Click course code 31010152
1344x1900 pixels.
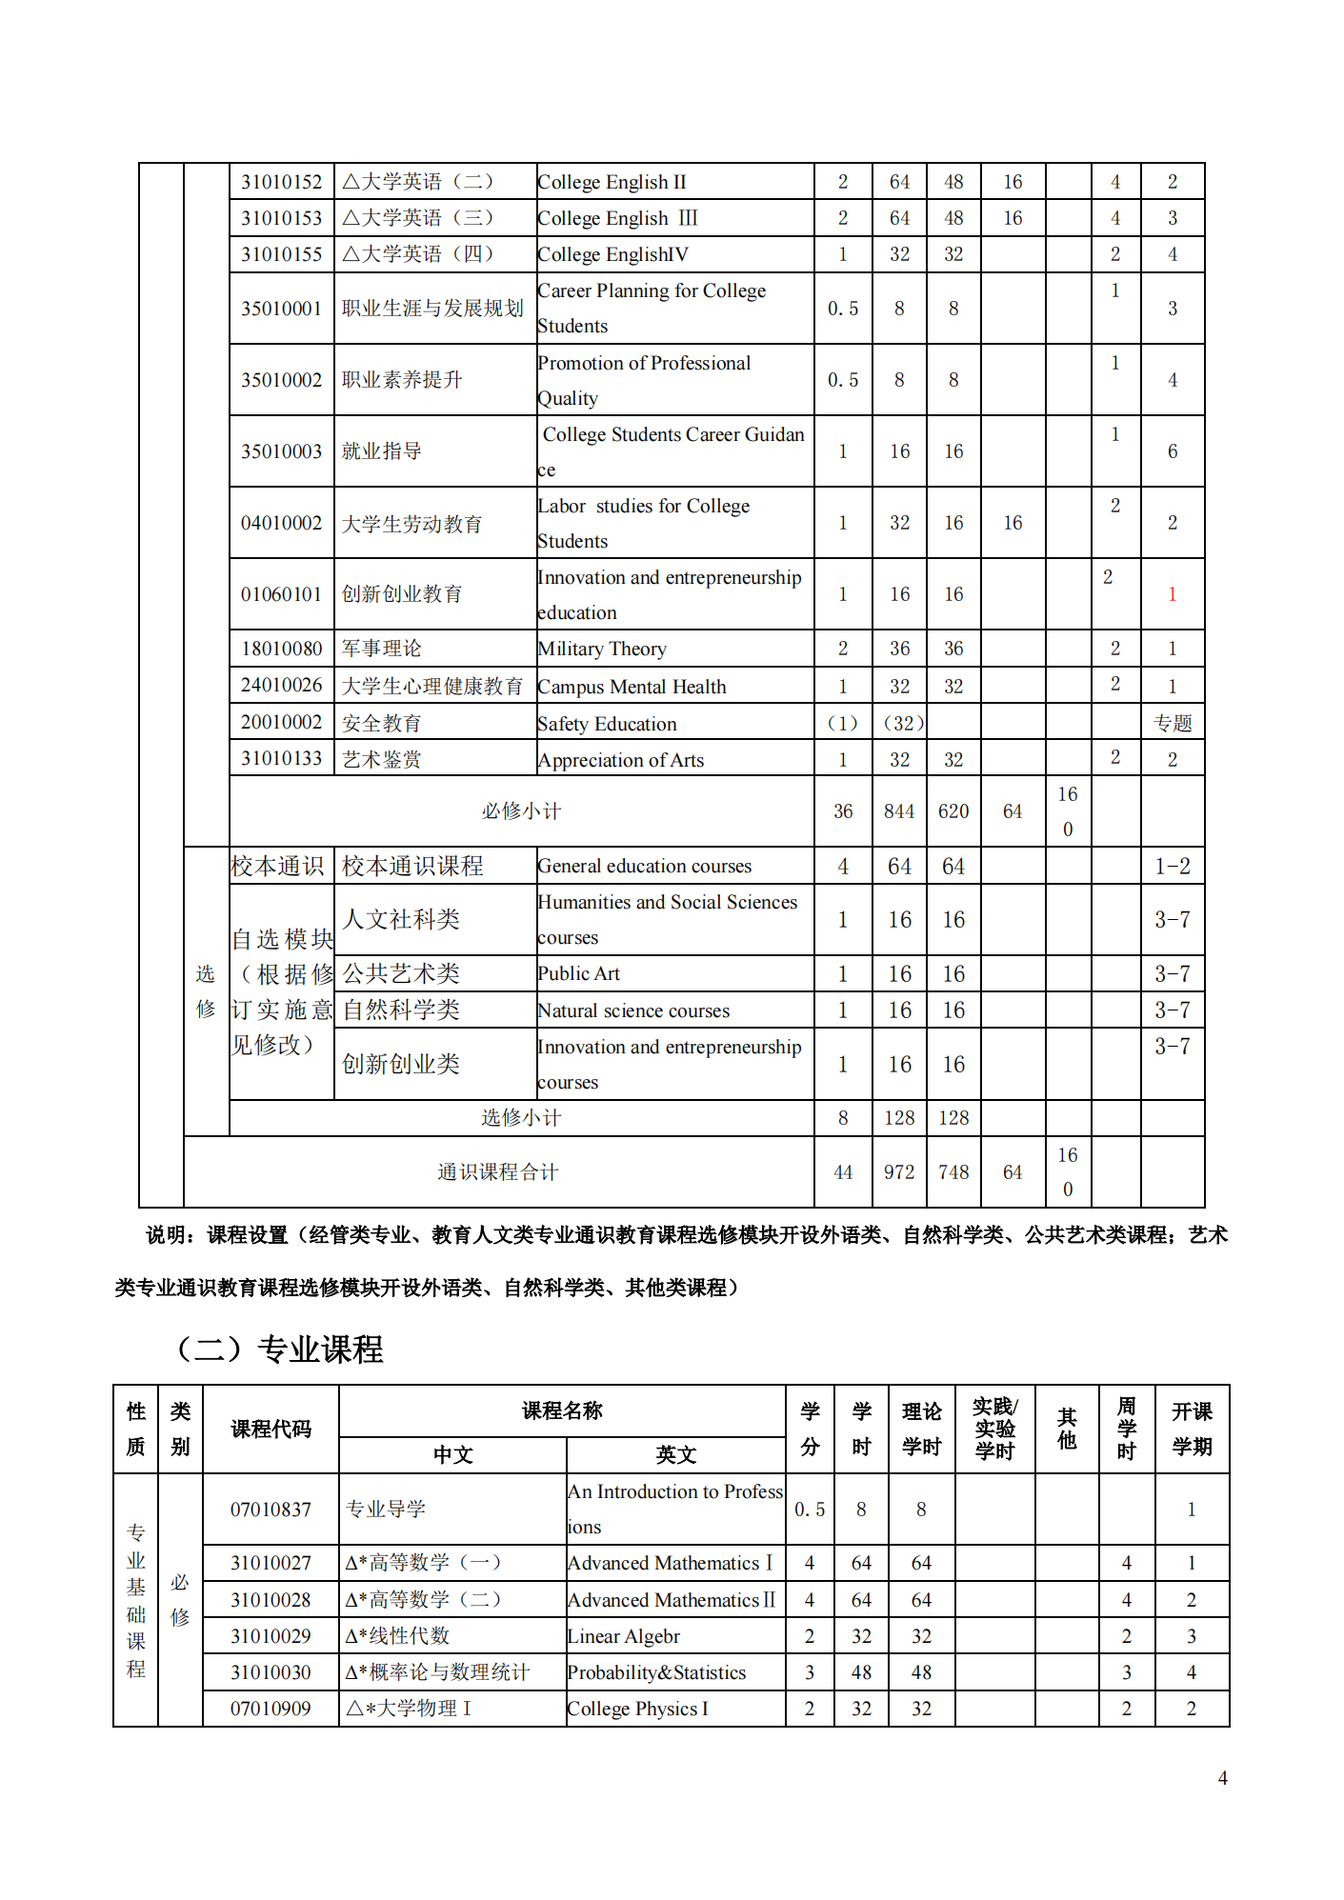coord(281,182)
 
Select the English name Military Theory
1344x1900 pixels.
coord(602,650)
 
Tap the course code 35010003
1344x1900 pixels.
coord(281,451)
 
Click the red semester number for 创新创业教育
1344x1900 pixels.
coord(1172,594)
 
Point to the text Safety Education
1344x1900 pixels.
coord(607,724)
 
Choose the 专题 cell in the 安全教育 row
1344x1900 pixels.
coord(1172,724)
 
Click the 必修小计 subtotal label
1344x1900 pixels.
coord(521,811)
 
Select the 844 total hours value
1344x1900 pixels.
coord(898,811)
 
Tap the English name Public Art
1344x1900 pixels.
coord(578,974)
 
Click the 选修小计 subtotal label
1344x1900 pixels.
coord(521,1118)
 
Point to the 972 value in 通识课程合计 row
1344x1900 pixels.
coord(898,1172)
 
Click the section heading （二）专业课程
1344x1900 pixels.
coord(280,1349)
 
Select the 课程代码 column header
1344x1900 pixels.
coord(271,1429)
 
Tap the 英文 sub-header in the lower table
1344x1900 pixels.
coord(675,1455)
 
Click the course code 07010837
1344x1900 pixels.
coord(271,1510)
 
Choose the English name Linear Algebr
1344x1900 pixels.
coord(624,1637)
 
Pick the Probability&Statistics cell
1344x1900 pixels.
coord(656,1673)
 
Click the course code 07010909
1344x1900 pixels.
coord(271,1710)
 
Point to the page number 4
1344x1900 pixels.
coord(1222,1778)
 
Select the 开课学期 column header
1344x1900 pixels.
coord(1192,1429)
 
